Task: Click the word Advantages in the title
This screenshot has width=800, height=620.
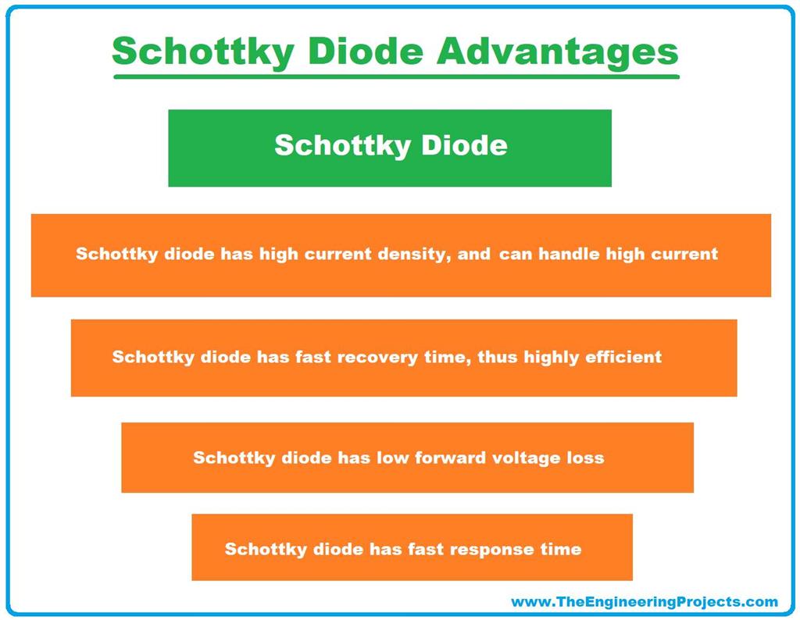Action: pos(558,52)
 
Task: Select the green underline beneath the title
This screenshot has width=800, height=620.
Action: pos(396,77)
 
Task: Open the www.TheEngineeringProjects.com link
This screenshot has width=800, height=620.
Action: pos(645,601)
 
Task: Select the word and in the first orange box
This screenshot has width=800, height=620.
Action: pos(475,254)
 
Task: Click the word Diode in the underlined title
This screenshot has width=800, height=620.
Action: pos(362,52)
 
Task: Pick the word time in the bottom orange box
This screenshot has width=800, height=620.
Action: pos(560,549)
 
